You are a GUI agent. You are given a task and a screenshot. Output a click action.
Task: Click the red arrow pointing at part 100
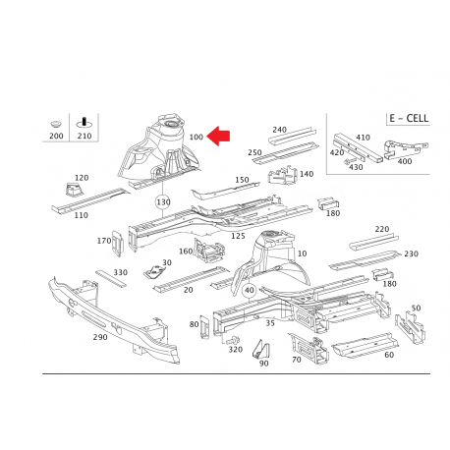(222, 141)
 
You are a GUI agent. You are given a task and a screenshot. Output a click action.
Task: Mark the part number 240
(279, 130)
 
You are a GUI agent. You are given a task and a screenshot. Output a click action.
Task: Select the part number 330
(120, 272)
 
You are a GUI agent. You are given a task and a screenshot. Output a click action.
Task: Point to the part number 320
(234, 349)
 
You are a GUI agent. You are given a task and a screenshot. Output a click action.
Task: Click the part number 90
(263, 364)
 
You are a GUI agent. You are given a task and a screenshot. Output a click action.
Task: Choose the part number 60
(388, 355)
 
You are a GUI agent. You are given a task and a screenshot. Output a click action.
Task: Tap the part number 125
(237, 236)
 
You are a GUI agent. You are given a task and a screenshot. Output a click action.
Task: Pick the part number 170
(103, 241)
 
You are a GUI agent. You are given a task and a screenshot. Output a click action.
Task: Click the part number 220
(381, 229)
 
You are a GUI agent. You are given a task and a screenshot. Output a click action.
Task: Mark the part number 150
(241, 180)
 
